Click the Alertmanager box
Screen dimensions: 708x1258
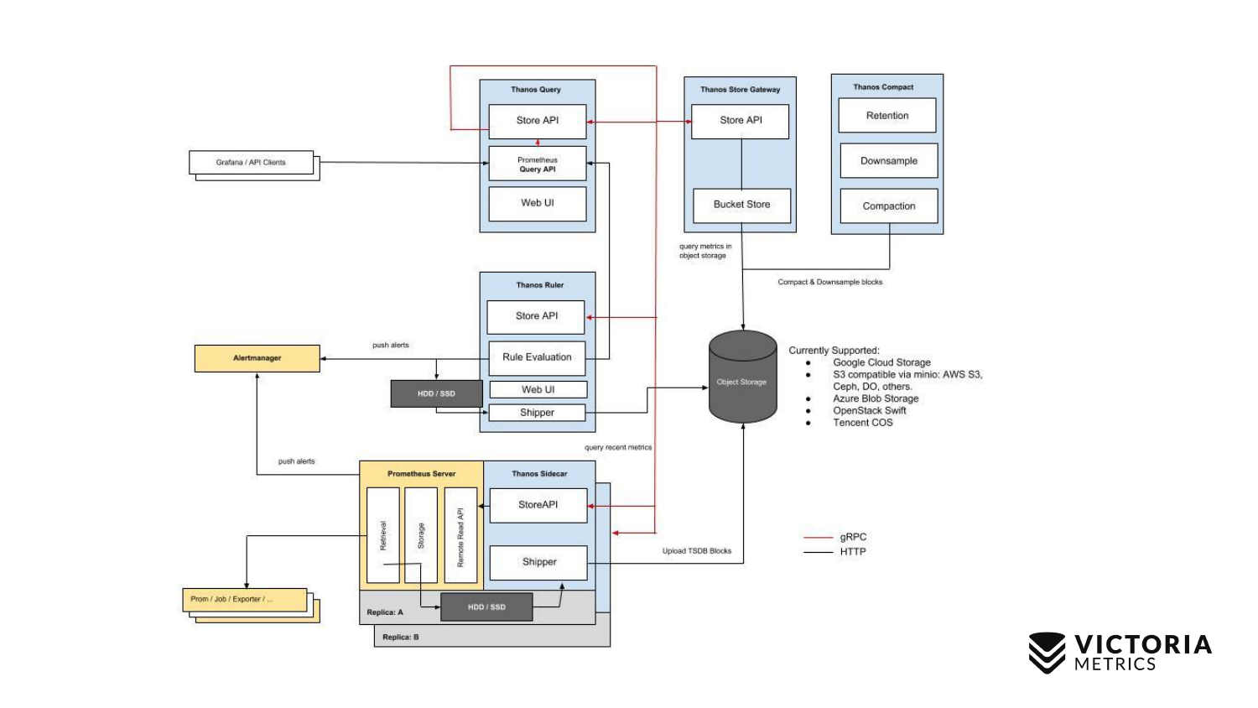tap(257, 358)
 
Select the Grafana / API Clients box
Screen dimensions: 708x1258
tap(251, 163)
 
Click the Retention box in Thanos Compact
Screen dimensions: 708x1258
tap(887, 116)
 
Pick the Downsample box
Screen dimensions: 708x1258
tap(889, 161)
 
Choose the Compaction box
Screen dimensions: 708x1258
tap(889, 206)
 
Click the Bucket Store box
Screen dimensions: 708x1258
tap(741, 205)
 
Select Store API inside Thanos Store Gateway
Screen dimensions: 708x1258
tap(741, 121)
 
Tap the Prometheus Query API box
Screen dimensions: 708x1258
tap(538, 164)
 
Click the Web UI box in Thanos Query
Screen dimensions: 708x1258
tap(538, 203)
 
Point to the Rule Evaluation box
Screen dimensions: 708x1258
tap(537, 357)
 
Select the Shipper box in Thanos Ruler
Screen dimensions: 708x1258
tap(537, 413)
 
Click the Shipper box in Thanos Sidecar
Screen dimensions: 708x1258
tap(538, 562)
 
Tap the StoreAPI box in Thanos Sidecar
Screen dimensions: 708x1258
tap(538, 505)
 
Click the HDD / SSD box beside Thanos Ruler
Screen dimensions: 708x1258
tap(436, 393)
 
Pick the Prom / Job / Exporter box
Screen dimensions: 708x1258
tap(244, 599)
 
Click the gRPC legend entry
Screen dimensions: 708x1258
tap(853, 537)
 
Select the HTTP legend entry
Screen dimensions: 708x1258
tap(853, 552)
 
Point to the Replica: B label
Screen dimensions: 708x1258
tap(400, 638)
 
